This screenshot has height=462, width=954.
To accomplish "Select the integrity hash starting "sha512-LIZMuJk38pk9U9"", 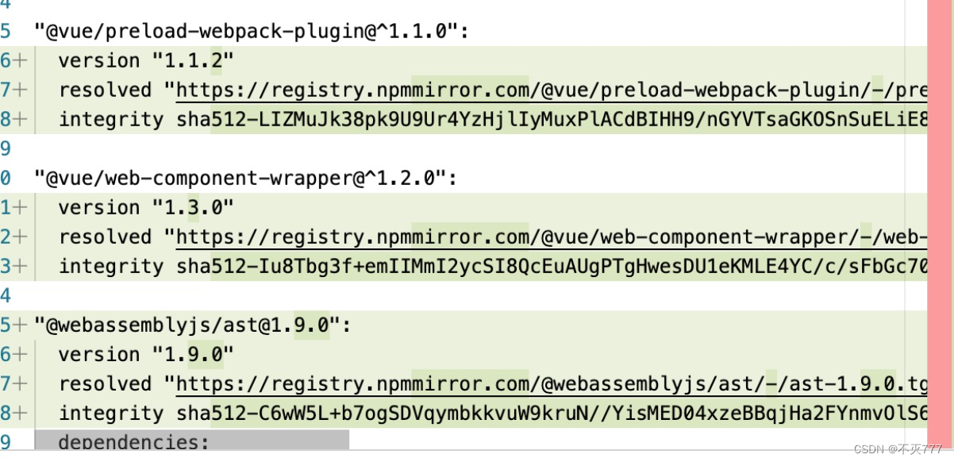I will pyautogui.click(x=548, y=120).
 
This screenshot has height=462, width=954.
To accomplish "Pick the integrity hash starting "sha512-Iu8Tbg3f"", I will pyautogui.click(x=548, y=267).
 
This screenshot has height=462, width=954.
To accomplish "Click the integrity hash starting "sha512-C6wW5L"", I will pyautogui.click(x=548, y=414).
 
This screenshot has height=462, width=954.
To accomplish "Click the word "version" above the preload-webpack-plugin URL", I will pyautogui.click(x=87, y=61).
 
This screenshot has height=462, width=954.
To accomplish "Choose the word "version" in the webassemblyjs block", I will pyautogui.click(x=87, y=355).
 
